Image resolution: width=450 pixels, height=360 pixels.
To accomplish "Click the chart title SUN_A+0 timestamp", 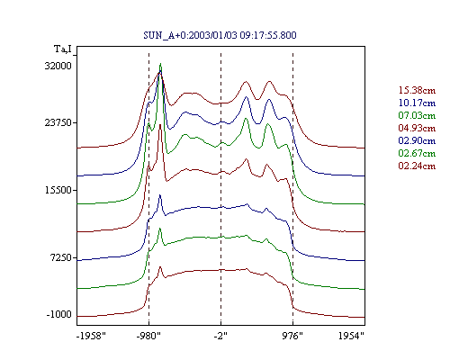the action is pyautogui.click(x=220, y=35).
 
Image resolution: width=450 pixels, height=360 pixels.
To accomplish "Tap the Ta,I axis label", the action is pyautogui.click(x=63, y=49).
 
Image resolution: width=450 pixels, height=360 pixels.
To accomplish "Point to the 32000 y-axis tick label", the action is pyautogui.click(x=58, y=66).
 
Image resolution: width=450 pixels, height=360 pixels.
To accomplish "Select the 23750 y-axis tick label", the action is pyautogui.click(x=58, y=122).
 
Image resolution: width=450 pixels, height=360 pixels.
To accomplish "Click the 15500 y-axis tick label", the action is pyautogui.click(x=58, y=190).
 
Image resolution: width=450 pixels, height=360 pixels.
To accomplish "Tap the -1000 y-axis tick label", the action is pyautogui.click(x=59, y=314).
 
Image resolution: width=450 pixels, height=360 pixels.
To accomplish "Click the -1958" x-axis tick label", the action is pyautogui.click(x=91, y=336).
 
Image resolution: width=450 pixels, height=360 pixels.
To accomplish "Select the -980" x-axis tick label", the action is pyautogui.click(x=148, y=336).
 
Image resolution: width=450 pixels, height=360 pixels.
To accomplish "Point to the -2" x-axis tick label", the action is pyautogui.click(x=220, y=336).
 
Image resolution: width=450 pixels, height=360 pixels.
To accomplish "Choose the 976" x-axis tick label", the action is pyautogui.click(x=292, y=336).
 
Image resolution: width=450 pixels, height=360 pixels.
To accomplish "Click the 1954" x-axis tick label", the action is pyautogui.click(x=351, y=336).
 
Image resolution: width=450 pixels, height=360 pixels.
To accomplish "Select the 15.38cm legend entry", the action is pyautogui.click(x=417, y=90).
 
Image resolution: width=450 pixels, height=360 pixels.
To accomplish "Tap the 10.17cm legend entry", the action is pyautogui.click(x=417, y=103).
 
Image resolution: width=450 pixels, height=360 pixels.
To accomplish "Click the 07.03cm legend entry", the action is pyautogui.click(x=417, y=115).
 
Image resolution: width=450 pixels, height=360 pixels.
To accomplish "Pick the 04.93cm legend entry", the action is pyautogui.click(x=417, y=128).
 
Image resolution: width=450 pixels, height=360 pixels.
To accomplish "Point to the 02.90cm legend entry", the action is pyautogui.click(x=417, y=140).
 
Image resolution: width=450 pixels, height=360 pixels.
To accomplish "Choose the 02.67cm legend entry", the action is pyautogui.click(x=417, y=153).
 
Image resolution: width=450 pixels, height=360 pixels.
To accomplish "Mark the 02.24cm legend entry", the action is pyautogui.click(x=417, y=166).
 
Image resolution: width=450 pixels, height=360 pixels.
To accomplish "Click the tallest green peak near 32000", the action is pyautogui.click(x=161, y=64).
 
